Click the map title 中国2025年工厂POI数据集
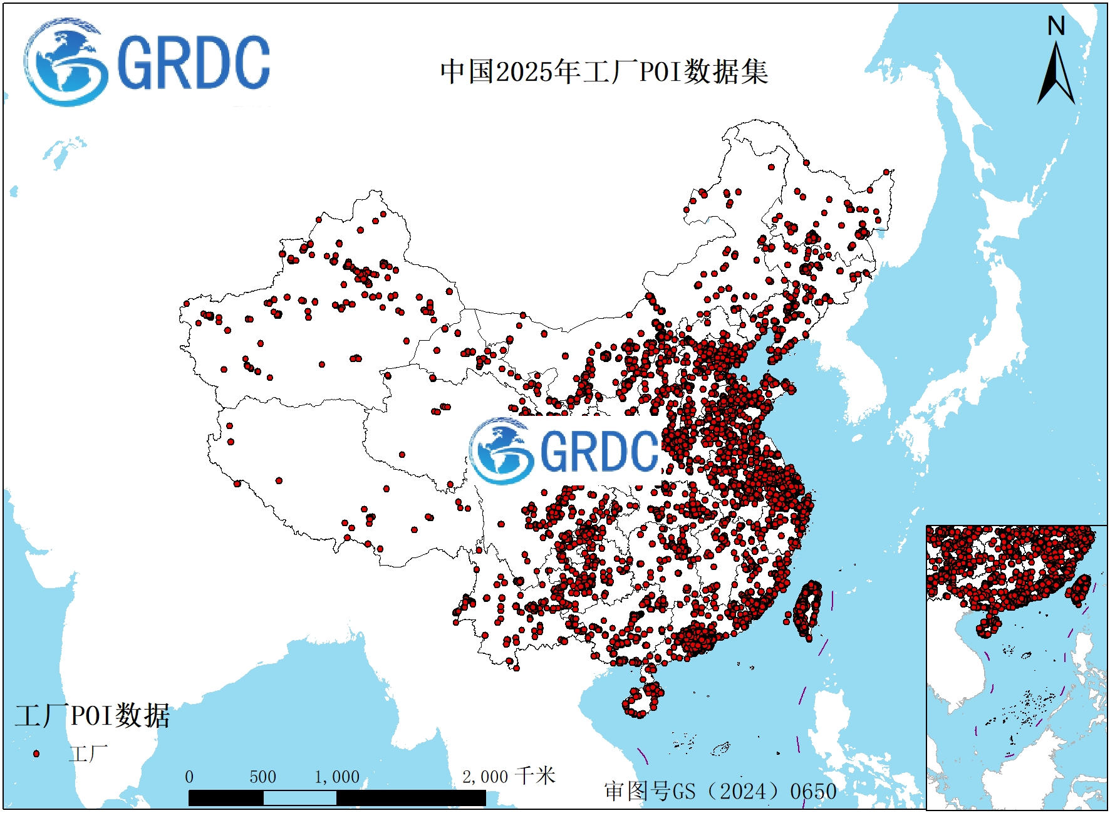(x=604, y=71)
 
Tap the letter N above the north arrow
(x=1056, y=26)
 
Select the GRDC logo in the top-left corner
(x=147, y=63)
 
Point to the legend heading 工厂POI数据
(x=92, y=715)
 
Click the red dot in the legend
(x=36, y=753)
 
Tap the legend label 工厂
(x=88, y=753)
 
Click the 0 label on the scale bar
(x=189, y=777)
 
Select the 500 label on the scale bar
(x=262, y=777)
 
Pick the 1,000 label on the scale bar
(x=336, y=777)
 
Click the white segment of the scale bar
(x=299, y=798)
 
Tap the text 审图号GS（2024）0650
(x=720, y=791)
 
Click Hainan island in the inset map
(x=988, y=626)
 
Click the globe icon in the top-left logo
(x=64, y=63)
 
